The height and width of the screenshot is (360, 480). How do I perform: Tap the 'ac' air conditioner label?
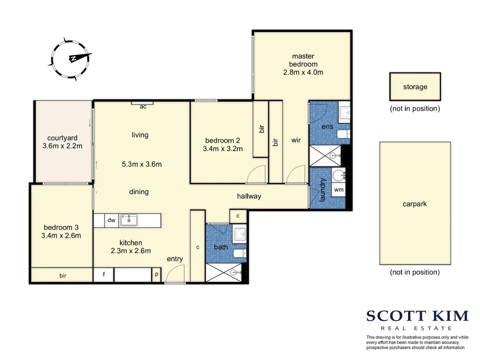(x=143, y=107)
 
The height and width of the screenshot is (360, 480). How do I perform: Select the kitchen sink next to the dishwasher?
(x=129, y=220)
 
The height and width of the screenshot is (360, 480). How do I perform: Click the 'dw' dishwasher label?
(x=111, y=220)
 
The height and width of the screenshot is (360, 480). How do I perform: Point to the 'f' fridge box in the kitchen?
(x=104, y=275)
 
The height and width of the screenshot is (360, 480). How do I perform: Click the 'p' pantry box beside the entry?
(x=156, y=275)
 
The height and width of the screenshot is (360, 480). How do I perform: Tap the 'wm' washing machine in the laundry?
(x=339, y=190)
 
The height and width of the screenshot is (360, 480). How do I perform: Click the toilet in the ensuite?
(x=343, y=134)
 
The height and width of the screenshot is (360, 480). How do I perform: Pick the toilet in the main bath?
(x=240, y=253)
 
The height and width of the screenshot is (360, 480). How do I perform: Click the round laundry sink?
(x=339, y=175)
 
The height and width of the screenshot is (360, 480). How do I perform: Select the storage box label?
(x=415, y=87)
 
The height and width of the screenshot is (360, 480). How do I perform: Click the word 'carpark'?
(x=415, y=204)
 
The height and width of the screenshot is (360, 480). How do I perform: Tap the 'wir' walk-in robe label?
(x=296, y=140)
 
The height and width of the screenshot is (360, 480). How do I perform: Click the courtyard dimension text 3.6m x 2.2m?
(x=62, y=146)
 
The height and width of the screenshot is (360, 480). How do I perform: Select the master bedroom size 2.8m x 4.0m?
(x=303, y=72)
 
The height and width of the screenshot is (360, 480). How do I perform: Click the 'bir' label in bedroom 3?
(x=63, y=276)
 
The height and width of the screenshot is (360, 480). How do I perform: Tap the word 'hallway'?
(x=249, y=196)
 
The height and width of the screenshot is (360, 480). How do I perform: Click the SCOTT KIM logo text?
(x=417, y=316)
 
